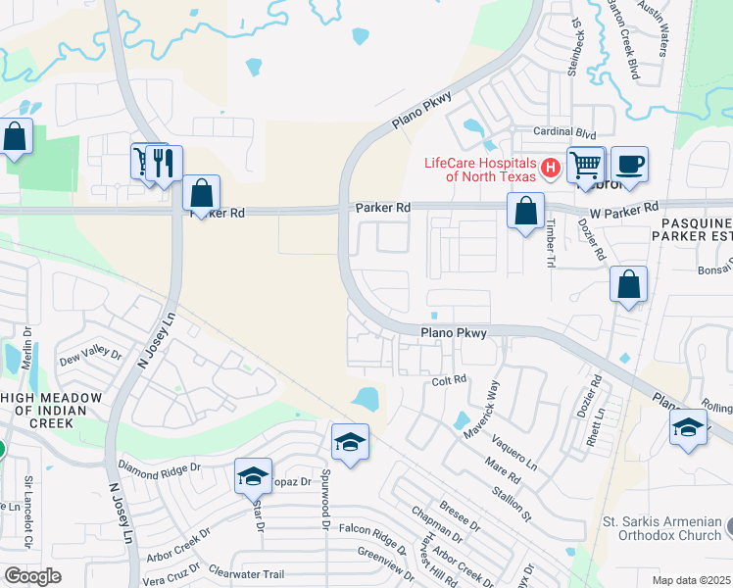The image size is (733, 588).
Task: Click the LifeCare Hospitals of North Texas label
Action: pos(479,170)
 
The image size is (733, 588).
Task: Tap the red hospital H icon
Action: pos(551,169)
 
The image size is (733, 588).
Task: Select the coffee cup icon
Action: pos(628,165)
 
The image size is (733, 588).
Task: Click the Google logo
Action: pos(32,576)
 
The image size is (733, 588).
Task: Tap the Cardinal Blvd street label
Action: pos(564,131)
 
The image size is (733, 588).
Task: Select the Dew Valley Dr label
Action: pos(90,356)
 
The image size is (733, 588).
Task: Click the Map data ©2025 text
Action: pos(692,580)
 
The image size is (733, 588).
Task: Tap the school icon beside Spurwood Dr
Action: pos(350,443)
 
